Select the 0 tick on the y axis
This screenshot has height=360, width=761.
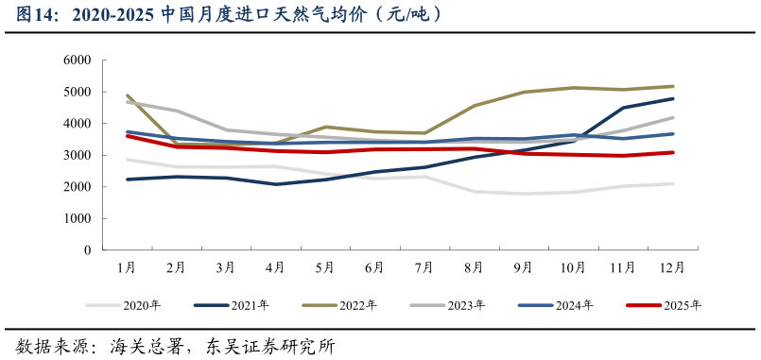coord(86,250)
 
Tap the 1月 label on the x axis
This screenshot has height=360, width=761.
coord(127,268)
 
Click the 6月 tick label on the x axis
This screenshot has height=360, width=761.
coord(374,268)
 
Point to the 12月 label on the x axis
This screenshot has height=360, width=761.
coord(672,268)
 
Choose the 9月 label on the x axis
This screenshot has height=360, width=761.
coord(523,268)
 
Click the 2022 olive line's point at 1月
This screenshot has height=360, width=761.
coord(127,95)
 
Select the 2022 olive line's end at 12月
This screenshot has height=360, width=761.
coord(672,86)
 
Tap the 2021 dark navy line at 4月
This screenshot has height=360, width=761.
coord(275,184)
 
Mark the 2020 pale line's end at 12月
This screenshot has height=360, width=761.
coord(672,183)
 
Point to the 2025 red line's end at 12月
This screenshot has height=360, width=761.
coord(672,152)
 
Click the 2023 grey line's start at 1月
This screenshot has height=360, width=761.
coord(127,101)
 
